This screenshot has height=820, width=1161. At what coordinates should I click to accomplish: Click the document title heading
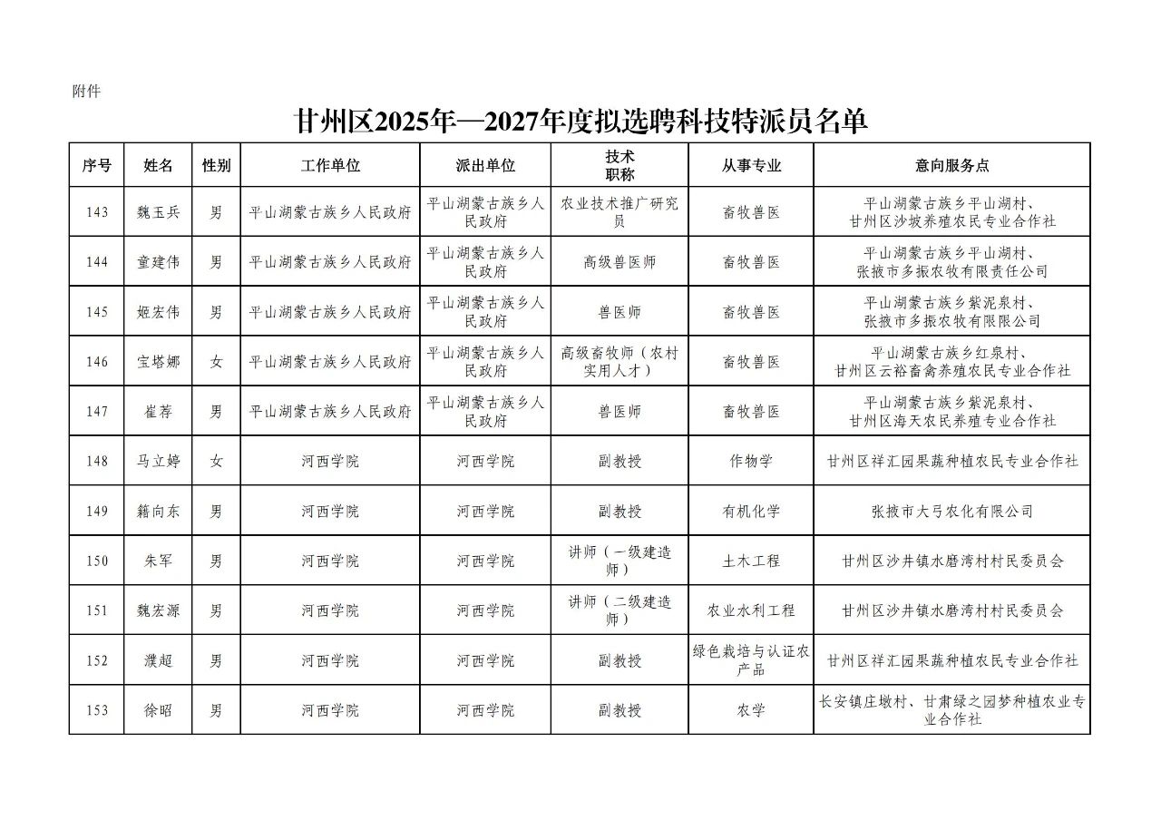[581, 122]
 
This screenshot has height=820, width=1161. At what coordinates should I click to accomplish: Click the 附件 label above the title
[86, 92]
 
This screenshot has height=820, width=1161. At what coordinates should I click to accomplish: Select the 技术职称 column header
[620, 165]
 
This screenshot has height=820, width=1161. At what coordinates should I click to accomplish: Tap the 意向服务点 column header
[951, 165]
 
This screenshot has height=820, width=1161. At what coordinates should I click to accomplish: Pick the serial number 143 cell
[97, 212]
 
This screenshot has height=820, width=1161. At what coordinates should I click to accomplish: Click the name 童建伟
[158, 262]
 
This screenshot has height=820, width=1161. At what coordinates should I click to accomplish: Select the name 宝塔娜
[158, 362]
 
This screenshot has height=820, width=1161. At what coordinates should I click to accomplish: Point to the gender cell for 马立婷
[216, 461]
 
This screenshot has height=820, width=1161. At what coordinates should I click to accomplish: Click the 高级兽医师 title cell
[620, 262]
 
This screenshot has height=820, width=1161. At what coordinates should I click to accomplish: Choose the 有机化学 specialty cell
[751, 511]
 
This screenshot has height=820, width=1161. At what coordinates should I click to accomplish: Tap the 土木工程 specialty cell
[751, 561]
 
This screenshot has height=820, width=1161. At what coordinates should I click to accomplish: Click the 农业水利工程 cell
[751, 610]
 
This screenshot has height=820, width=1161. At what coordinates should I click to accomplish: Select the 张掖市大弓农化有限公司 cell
[951, 511]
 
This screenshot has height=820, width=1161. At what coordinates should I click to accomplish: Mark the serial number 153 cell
[97, 710]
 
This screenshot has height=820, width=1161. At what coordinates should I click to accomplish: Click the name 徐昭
[158, 710]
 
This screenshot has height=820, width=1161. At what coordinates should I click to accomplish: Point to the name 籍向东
[158, 511]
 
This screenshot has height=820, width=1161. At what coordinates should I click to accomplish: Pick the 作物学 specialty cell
[751, 461]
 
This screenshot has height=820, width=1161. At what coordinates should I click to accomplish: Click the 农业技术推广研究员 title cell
[620, 212]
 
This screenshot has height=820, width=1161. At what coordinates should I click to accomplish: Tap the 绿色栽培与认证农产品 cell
[751, 660]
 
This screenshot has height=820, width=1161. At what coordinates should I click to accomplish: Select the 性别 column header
[216, 165]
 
